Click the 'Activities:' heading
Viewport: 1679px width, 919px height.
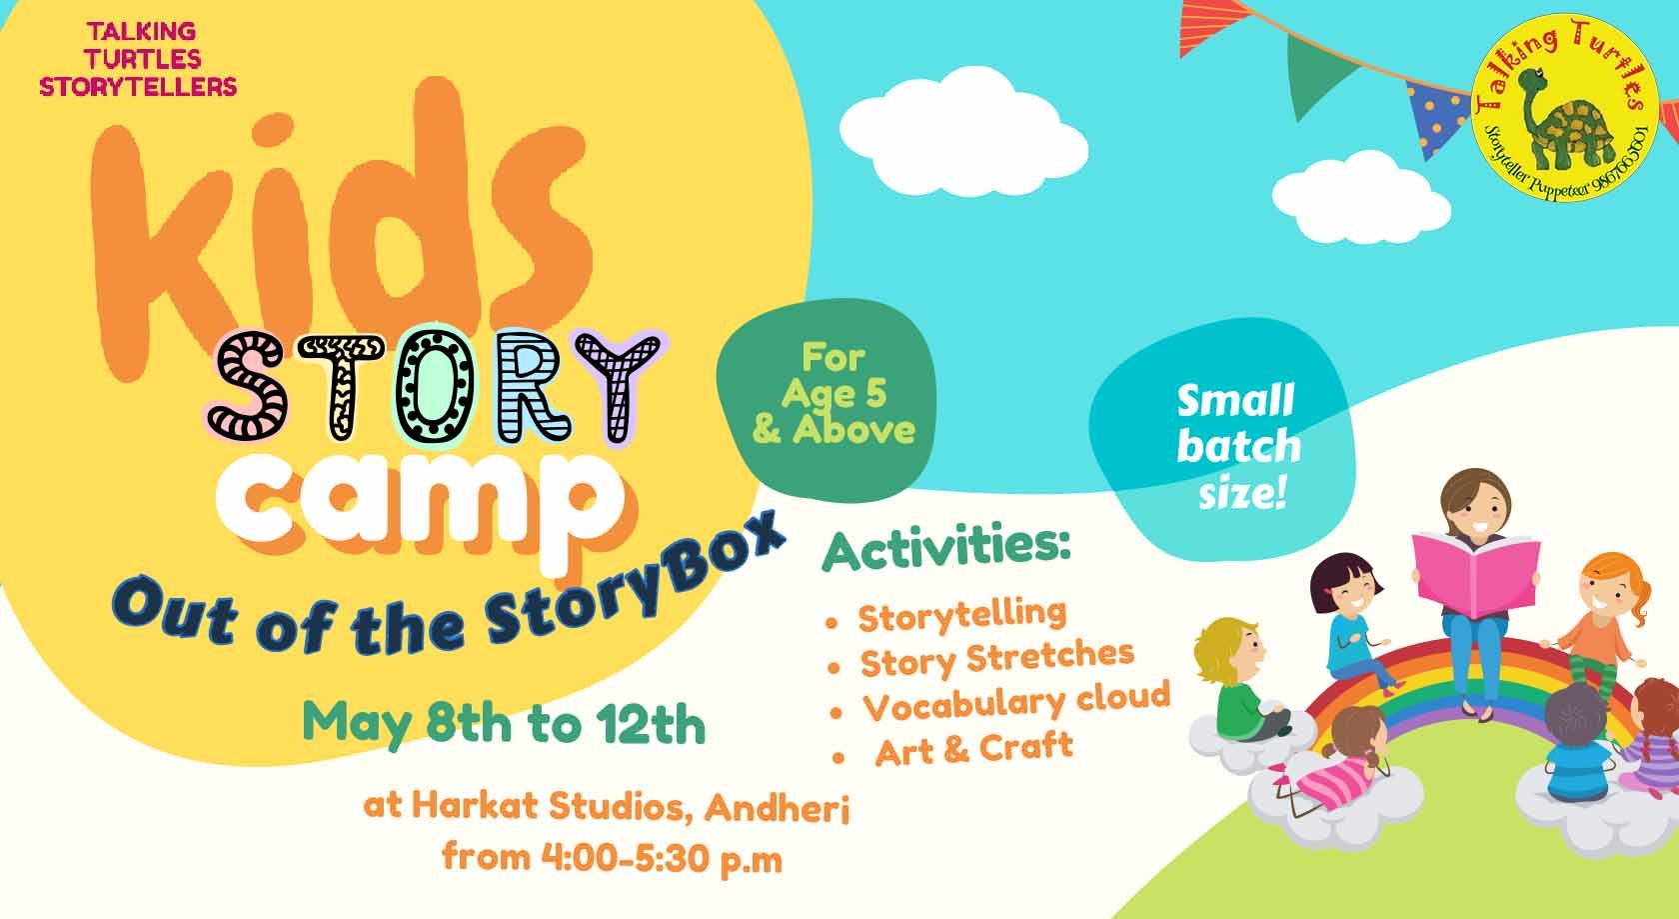(945, 549)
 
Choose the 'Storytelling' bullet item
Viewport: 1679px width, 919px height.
(961, 613)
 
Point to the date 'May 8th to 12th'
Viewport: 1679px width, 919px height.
(505, 723)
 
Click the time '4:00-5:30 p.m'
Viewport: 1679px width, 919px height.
(612, 857)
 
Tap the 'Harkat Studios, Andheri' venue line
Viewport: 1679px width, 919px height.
(607, 807)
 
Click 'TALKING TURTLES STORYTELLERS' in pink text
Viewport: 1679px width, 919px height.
(138, 60)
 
